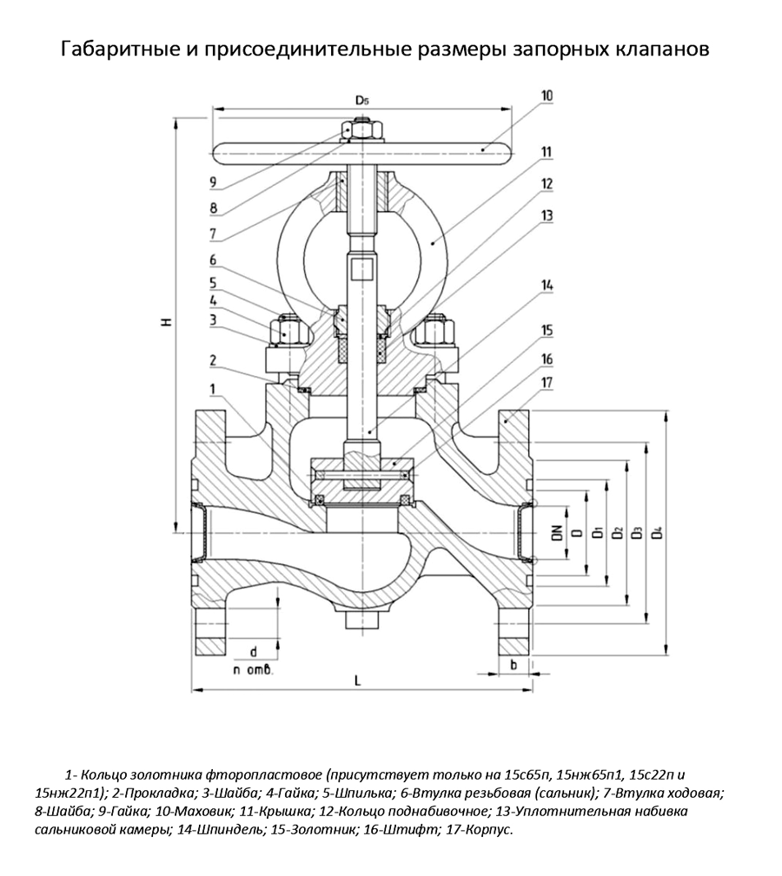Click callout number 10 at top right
[x=546, y=96]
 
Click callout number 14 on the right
[x=546, y=286]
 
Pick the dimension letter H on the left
[x=166, y=322]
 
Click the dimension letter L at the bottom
[x=358, y=680]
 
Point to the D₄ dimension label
[x=657, y=530]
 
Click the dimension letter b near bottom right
[x=514, y=664]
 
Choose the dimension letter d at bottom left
[x=253, y=651]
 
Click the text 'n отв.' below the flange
[x=253, y=670]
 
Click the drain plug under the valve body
[x=358, y=621]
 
